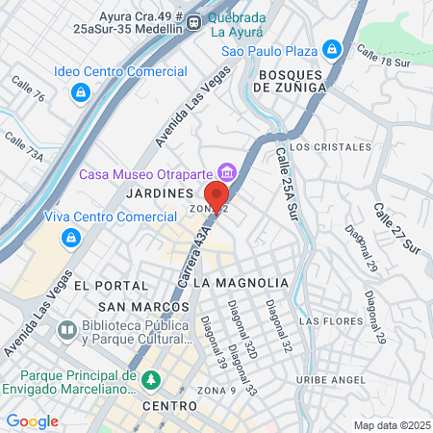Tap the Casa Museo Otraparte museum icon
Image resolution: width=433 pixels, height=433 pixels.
[x=228, y=173]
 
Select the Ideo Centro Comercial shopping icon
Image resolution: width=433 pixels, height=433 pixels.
[x=80, y=92]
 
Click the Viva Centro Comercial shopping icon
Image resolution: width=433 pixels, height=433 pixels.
[x=69, y=237]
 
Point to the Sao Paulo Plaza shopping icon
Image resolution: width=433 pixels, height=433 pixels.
[x=332, y=49]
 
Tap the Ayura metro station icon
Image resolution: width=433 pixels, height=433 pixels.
[x=194, y=21]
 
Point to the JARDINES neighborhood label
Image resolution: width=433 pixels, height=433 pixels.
[x=154, y=193]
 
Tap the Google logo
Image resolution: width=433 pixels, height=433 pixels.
[x=32, y=421]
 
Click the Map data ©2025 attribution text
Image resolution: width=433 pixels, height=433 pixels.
[x=390, y=425]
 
